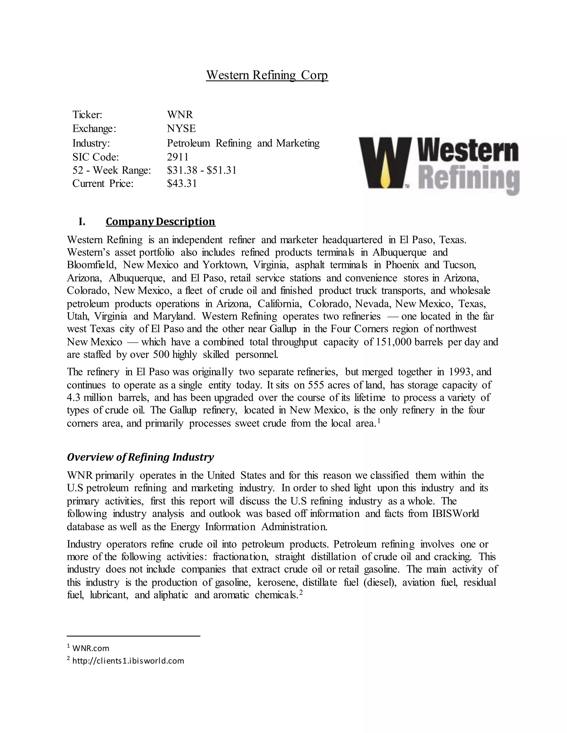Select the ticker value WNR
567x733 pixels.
click(x=180, y=115)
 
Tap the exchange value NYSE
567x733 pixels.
click(x=181, y=129)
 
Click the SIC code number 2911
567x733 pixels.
click(x=178, y=157)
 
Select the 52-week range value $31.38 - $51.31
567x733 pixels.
click(x=202, y=170)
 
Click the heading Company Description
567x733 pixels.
click(x=161, y=222)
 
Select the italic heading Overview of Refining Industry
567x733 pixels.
click(x=140, y=457)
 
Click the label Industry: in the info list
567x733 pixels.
click(x=91, y=143)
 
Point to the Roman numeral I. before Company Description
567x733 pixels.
click(x=82, y=222)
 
